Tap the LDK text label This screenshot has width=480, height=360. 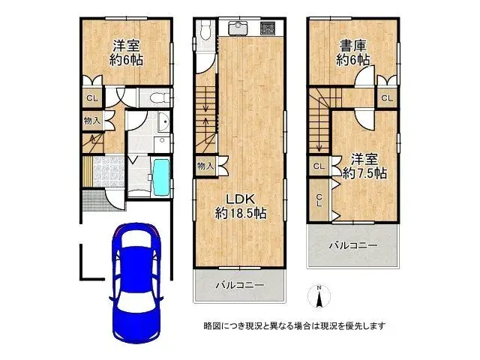pyautogui.click(x=241, y=199)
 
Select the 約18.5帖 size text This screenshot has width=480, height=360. pyautogui.click(x=241, y=213)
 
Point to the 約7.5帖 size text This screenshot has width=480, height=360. pyautogui.click(x=364, y=173)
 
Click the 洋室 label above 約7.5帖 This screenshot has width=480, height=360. pyautogui.click(x=364, y=159)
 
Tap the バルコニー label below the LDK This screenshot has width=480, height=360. pyautogui.click(x=240, y=286)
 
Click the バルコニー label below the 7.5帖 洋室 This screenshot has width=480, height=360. pyautogui.click(x=352, y=246)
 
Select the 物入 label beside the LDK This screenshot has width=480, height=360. pyautogui.click(x=205, y=166)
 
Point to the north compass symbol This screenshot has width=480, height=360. pyautogui.click(x=319, y=299)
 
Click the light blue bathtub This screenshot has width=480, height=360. pyautogui.click(x=161, y=177)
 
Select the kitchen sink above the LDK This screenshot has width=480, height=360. pyautogui.click(x=238, y=30)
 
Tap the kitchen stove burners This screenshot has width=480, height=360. pyautogui.click(x=268, y=29)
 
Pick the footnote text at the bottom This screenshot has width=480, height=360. pyautogui.click(x=294, y=325)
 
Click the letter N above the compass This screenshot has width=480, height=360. pyautogui.click(x=319, y=288)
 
